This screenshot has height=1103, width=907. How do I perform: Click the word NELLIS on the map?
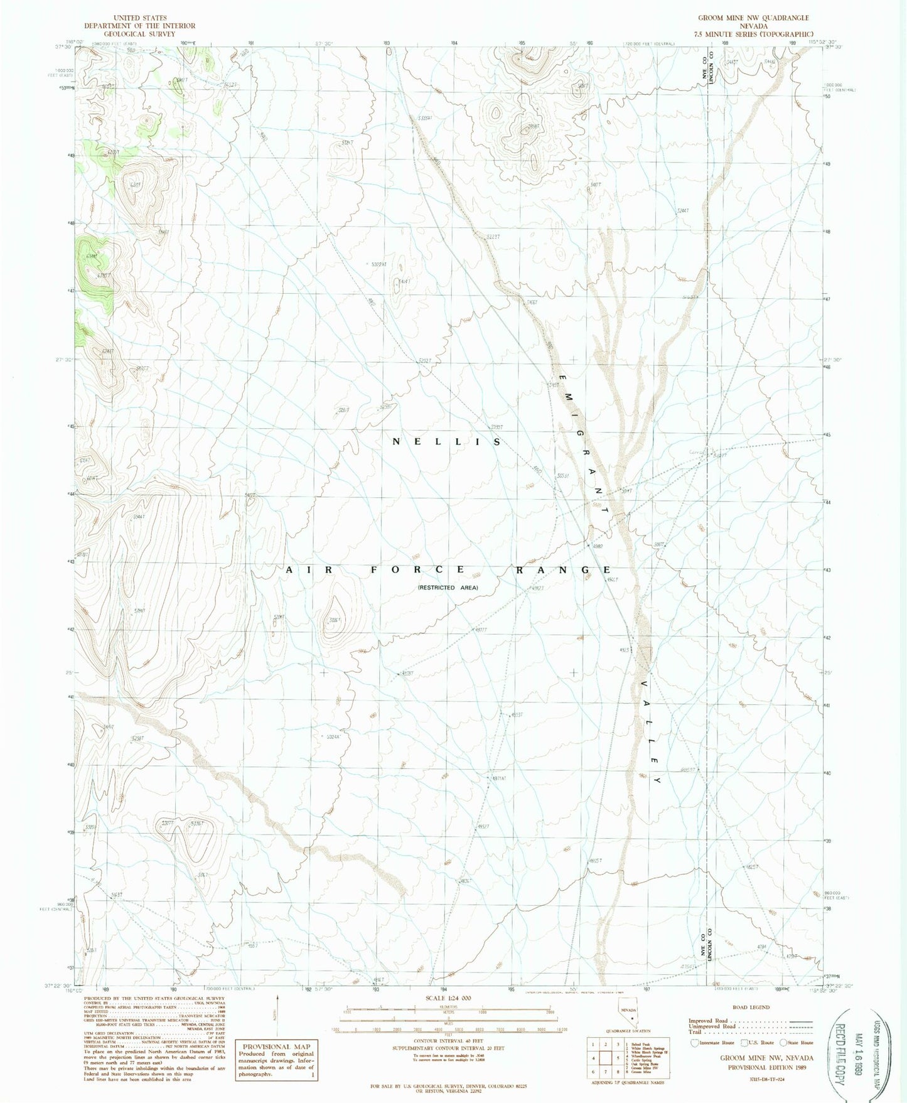tap(447, 442)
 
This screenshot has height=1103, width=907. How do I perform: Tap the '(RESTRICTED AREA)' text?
tap(448, 588)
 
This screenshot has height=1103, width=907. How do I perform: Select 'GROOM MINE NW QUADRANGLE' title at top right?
tap(753, 18)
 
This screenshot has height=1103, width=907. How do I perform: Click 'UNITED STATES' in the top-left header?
tap(140, 18)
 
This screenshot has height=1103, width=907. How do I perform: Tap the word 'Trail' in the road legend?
tap(695, 1032)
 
